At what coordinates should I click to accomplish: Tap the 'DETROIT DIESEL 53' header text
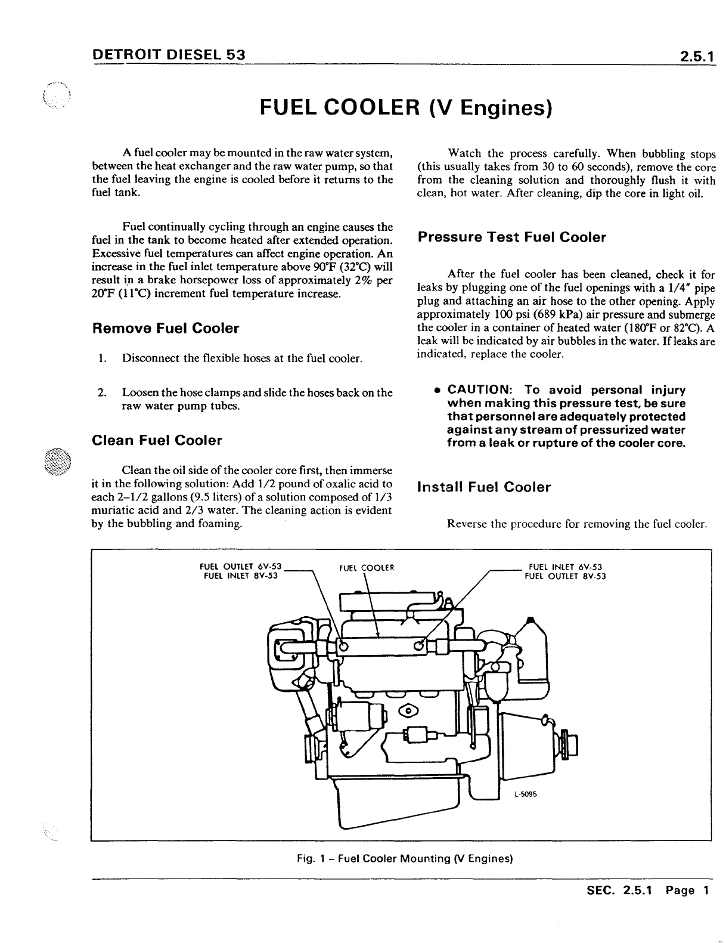tap(169, 55)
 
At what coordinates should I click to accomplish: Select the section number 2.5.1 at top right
tap(694, 57)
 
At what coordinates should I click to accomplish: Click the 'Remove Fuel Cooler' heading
tap(166, 329)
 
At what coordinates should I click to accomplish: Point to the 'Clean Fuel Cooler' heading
tap(157, 441)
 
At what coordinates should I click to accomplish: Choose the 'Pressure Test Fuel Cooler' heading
tap(511, 237)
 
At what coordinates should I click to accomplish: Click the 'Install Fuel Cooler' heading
tap(484, 487)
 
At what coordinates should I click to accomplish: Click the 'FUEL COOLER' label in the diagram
tap(366, 567)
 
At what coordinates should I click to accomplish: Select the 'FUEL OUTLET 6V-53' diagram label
tap(240, 567)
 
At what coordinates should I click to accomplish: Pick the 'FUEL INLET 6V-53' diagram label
tap(566, 567)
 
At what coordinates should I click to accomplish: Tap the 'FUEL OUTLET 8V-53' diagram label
tap(565, 576)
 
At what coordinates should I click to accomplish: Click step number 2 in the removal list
tap(102, 392)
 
